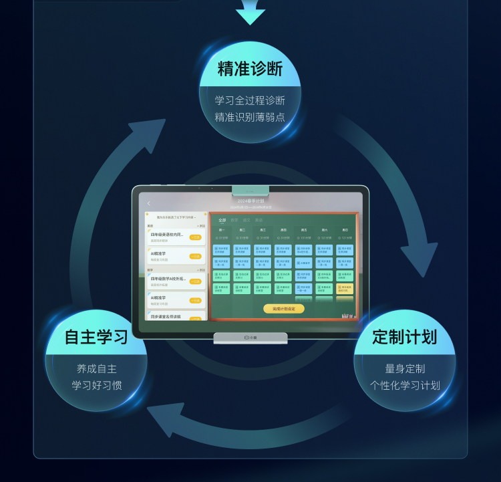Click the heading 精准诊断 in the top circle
point(251,69)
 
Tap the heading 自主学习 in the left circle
point(96,337)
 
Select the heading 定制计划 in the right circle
point(405,337)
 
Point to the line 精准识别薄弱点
point(251,118)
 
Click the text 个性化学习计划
point(405,386)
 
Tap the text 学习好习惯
point(97,386)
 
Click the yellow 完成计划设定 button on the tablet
point(283,309)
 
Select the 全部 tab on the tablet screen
point(222,220)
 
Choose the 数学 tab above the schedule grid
point(234,220)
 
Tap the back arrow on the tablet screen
point(148,203)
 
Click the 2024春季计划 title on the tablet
point(251,201)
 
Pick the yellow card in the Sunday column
point(344,289)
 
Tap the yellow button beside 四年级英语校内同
point(196,237)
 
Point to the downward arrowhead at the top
point(251,15)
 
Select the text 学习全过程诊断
point(251,100)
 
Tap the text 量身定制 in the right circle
point(405,368)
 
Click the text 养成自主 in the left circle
point(97,368)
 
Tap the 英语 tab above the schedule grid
point(259,220)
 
